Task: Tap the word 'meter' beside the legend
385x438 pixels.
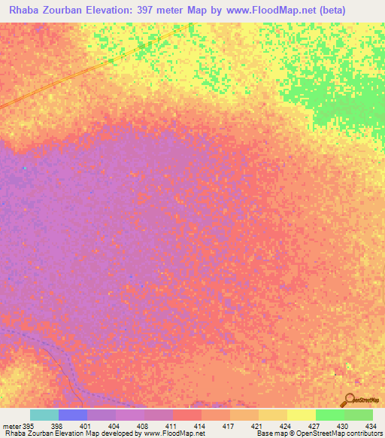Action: [x=11, y=425]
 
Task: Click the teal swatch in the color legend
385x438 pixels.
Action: [x=44, y=415]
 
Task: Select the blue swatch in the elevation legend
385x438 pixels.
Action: [x=73, y=415]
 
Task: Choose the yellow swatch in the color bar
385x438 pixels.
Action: [x=301, y=415]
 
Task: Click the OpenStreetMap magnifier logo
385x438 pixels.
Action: [x=349, y=400]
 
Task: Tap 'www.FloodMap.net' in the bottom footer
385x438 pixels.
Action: [x=174, y=433]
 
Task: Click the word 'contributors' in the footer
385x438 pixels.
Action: [x=362, y=433]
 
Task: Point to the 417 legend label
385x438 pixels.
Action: [x=223, y=425]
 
